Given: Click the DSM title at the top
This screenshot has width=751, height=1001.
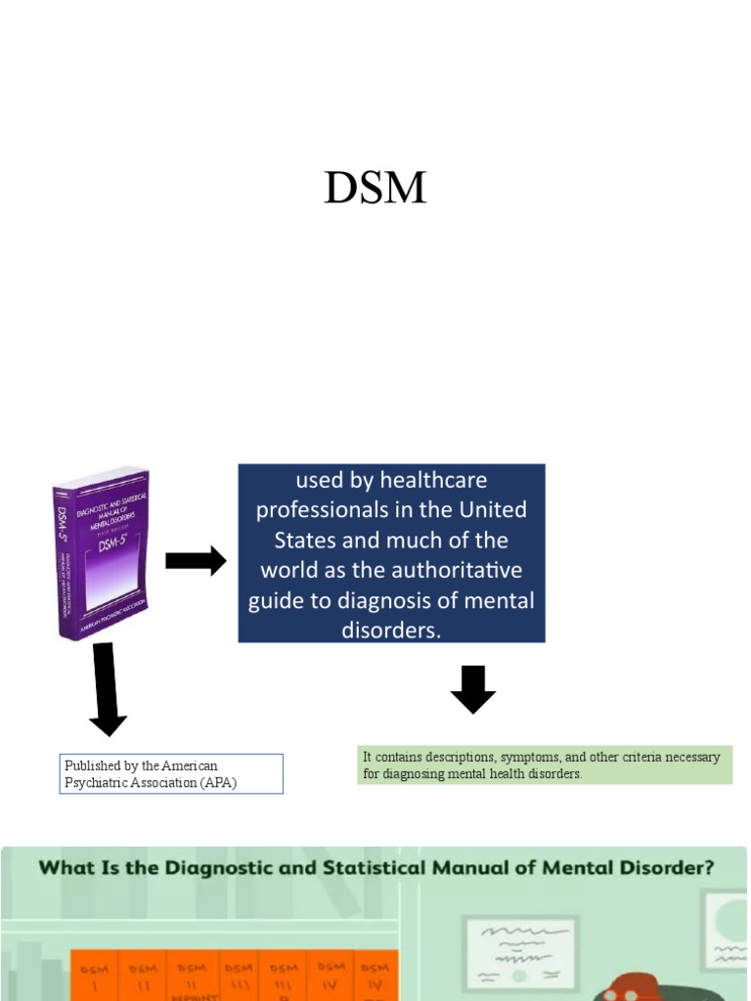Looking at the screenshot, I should [375, 188].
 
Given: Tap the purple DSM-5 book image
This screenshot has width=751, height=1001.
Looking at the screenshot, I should [102, 554].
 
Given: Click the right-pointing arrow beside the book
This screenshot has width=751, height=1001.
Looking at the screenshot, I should [196, 561].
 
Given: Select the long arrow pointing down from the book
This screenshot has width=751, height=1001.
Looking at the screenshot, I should [106, 689].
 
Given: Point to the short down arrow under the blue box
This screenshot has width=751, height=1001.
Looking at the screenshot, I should [473, 689].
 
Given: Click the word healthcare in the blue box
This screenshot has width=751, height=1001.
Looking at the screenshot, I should [433, 480].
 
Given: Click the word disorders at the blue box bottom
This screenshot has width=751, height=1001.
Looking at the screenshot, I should [391, 630].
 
